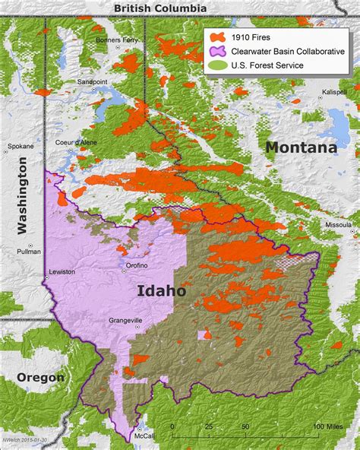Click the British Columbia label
(159, 8)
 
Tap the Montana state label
(301, 148)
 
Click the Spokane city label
(19, 145)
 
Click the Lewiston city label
(62, 271)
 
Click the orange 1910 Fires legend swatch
(217, 37)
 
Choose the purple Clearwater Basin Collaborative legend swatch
(217, 51)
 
